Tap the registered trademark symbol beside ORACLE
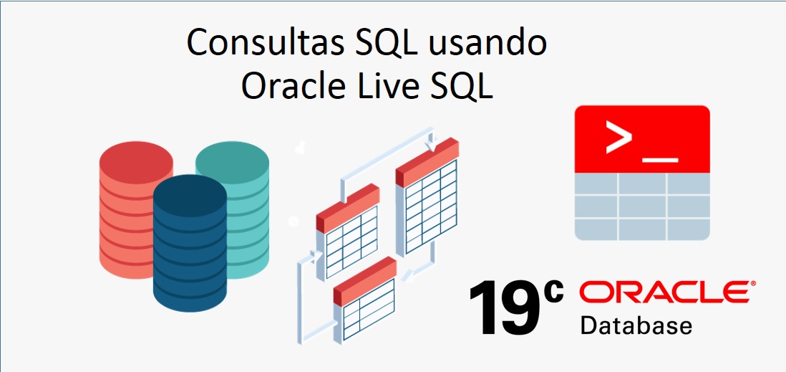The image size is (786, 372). click(751, 285)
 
